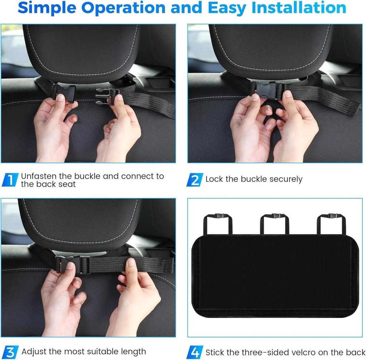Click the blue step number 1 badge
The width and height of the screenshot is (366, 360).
pos(10,180)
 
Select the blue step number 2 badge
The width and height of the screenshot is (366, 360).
pos(195,180)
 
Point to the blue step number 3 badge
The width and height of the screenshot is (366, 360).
pos(10,352)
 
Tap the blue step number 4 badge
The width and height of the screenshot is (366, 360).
pos(195,352)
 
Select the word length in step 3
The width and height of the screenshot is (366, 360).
pos(134,351)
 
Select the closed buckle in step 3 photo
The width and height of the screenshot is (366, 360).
pos(73,265)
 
